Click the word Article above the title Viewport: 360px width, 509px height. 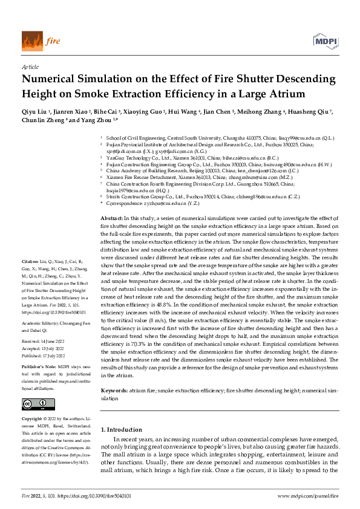pos(30,66)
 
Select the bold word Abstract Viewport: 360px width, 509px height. pos(111,166)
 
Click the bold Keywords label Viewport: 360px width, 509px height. pos(114,392)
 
